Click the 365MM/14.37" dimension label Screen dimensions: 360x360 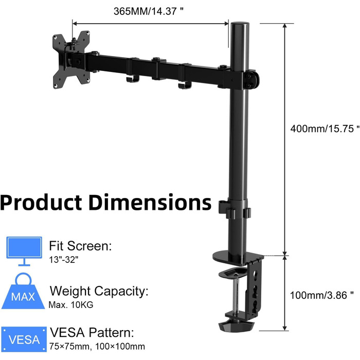tap(148, 11)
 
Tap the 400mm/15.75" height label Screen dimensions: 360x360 tap(325, 129)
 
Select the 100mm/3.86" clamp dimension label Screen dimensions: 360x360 tap(321, 295)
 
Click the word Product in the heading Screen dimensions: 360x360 tap(41, 202)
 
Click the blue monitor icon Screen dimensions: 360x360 tap(24, 251)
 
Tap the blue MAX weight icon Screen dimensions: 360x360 tap(23, 292)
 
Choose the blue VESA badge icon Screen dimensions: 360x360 tap(24, 339)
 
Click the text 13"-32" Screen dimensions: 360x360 tap(64, 260)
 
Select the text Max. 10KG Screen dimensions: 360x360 tap(71, 305)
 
